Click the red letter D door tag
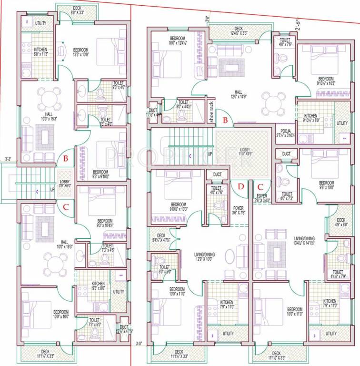[241, 186]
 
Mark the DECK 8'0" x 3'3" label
[77, 10]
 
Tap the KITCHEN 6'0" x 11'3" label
[40, 51]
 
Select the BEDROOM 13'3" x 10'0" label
[80, 51]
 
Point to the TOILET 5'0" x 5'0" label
[165, 269]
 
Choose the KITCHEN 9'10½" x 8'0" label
[311, 118]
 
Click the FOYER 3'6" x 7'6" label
[239, 211]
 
